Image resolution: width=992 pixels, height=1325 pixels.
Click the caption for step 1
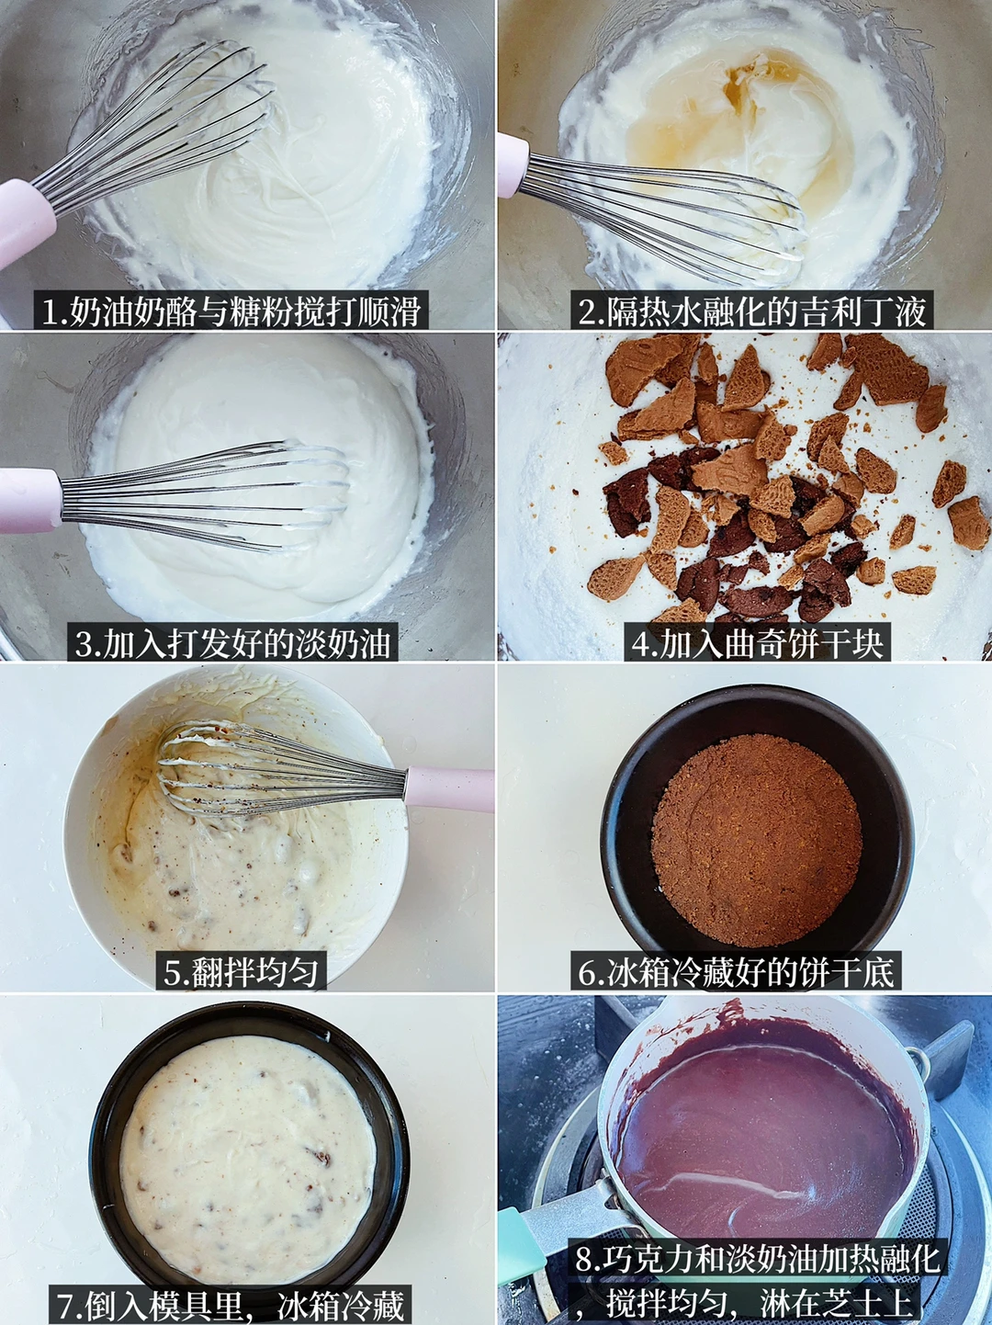point(231,311)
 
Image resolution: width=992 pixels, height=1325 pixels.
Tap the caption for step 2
point(751,311)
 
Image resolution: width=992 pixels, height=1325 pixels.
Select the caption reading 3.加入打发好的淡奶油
point(232,642)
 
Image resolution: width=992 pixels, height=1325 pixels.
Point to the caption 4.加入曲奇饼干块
point(757,642)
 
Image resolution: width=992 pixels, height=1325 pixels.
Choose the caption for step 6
point(736,971)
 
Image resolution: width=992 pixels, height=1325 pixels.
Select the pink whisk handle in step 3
point(30,501)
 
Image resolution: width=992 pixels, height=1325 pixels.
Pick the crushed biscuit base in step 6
point(757,841)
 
